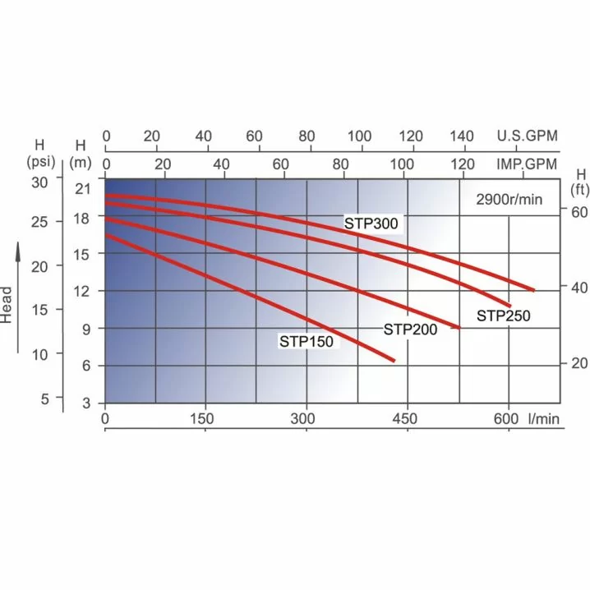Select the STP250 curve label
(x=504, y=316)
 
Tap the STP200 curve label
(x=410, y=330)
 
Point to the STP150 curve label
(x=307, y=342)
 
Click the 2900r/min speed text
(x=509, y=199)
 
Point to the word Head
(x=7, y=304)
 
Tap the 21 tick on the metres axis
(x=81, y=191)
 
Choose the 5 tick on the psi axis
(x=46, y=398)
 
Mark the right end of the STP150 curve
(x=394, y=361)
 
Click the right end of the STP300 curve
(x=534, y=291)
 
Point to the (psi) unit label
(x=40, y=159)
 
